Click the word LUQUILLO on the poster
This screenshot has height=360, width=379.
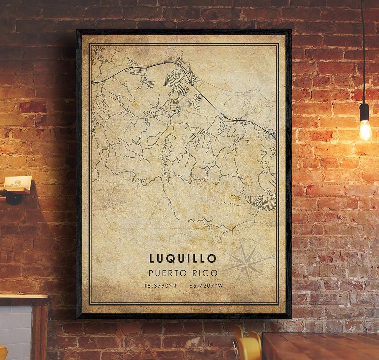(182, 259)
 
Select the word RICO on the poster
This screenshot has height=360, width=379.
(205, 273)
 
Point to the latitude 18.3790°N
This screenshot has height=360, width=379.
(160, 286)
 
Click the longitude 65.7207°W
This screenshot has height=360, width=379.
(206, 286)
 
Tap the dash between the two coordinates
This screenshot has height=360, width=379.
(183, 286)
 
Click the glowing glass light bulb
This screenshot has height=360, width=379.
(365, 130)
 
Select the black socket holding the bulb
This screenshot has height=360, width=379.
(364, 112)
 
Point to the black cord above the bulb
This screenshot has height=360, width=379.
(363, 53)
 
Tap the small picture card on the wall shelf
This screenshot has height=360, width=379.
(18, 182)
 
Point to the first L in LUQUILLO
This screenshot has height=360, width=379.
(152, 259)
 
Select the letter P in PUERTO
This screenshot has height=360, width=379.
(151, 273)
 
